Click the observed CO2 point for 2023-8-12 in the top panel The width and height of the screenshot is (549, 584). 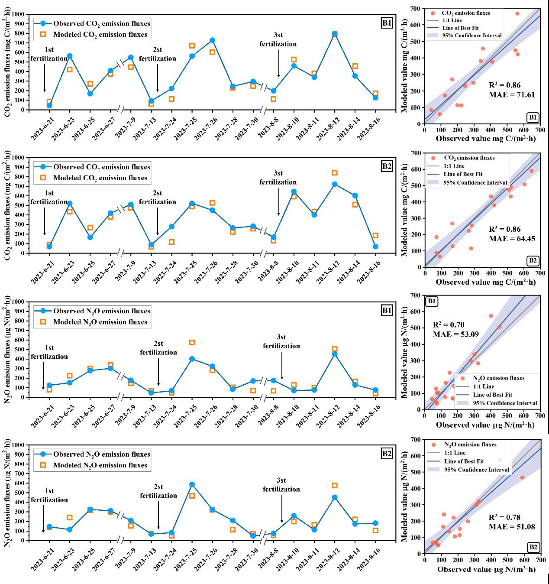(335, 33)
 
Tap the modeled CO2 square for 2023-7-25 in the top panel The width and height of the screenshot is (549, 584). (192, 46)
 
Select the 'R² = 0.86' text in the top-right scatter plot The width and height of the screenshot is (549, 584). (505, 85)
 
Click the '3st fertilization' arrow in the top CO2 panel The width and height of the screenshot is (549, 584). (278, 65)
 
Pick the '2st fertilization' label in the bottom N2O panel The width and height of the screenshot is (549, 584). (158, 491)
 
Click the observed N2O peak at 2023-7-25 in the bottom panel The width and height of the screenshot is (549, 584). (192, 484)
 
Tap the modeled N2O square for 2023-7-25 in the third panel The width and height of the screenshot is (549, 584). (192, 343)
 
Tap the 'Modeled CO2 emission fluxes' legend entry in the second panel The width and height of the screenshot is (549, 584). (100, 178)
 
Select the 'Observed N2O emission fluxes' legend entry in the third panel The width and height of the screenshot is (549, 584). (101, 311)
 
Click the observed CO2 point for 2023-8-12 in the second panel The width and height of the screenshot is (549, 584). (335, 184)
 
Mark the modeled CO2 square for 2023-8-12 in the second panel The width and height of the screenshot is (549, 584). (335, 173)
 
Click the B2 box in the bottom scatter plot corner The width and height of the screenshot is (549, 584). (533, 547)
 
